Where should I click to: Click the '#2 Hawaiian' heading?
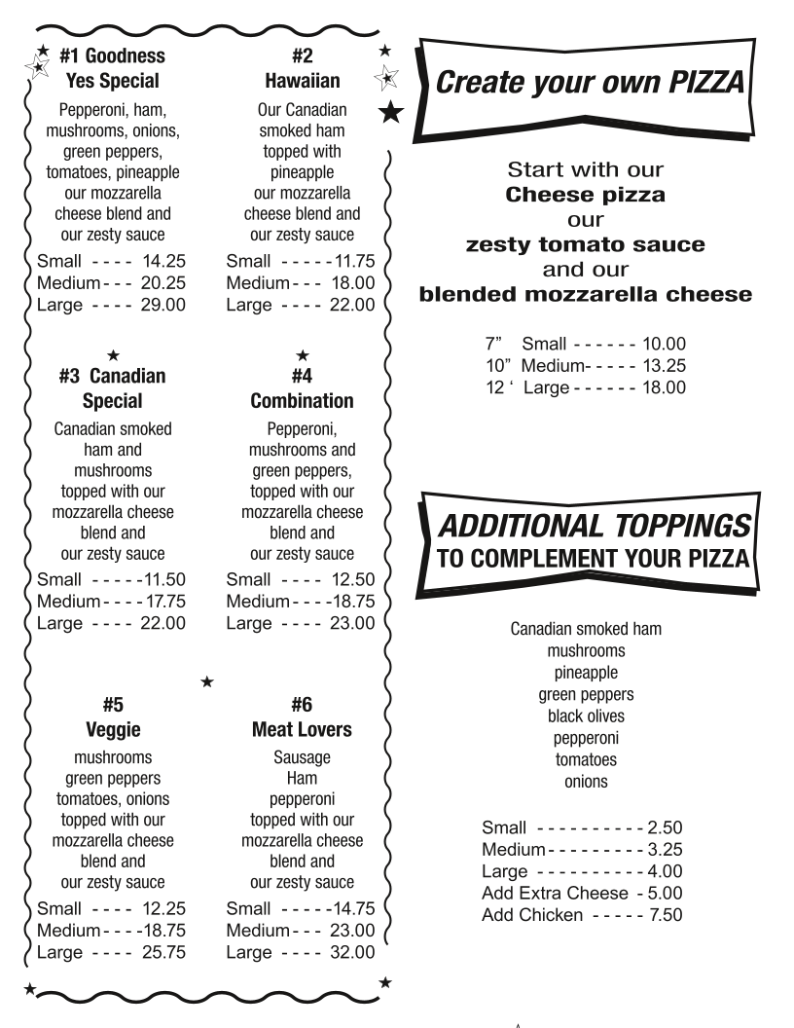[302, 68]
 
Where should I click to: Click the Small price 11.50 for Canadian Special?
[162, 580]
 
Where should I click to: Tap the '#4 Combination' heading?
[302, 387]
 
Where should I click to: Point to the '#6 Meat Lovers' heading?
[302, 715]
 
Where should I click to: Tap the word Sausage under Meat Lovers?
[302, 756]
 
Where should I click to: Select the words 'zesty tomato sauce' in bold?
[585, 243]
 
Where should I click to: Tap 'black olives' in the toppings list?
[586, 716]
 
